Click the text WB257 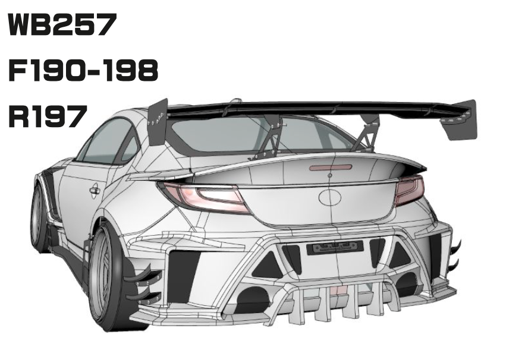pyautogui.click(x=61, y=26)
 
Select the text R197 pyautogui.click(x=45, y=116)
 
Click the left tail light pyautogui.click(x=205, y=197)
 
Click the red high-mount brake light pyautogui.click(x=330, y=168)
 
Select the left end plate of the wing pyautogui.click(x=158, y=124)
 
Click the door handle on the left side pyautogui.click(x=94, y=190)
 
